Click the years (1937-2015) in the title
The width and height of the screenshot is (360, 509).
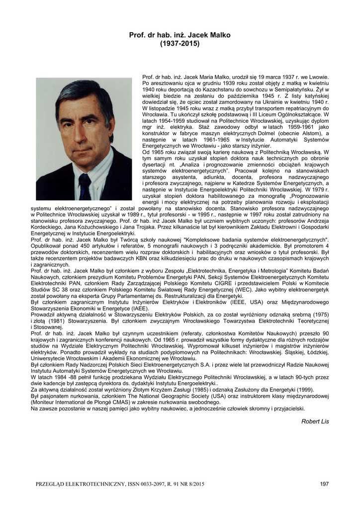coord(180,44)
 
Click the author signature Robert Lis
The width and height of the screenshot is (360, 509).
coord(315,421)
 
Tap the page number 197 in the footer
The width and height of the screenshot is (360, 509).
coord(325,484)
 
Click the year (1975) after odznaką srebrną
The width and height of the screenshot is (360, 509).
coord(319,314)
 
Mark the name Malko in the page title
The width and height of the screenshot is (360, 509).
coord(220,35)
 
